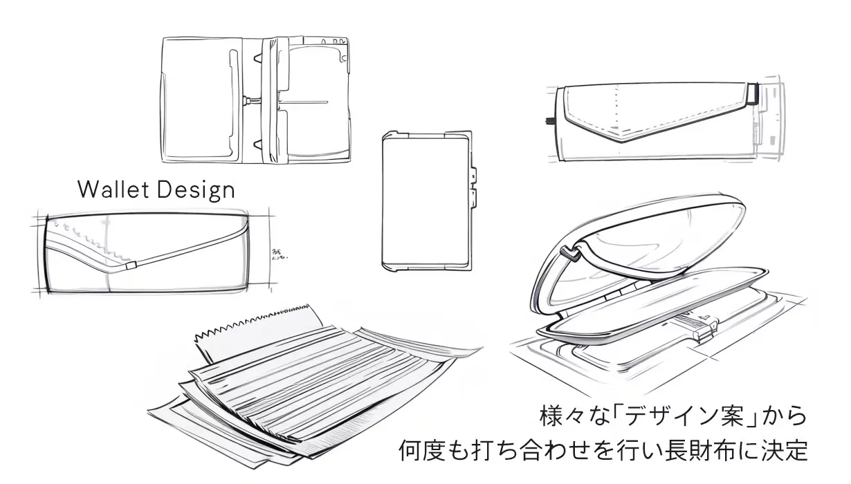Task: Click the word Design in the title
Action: (199, 189)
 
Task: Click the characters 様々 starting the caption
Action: (561, 416)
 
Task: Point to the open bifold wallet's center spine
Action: (266, 100)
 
